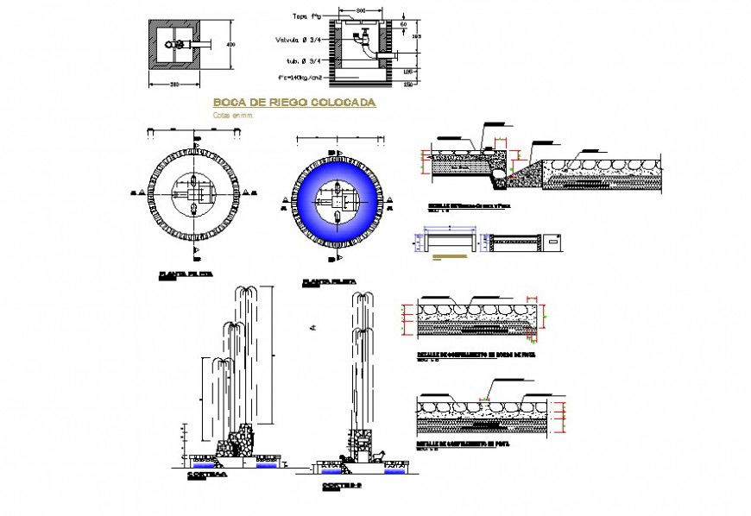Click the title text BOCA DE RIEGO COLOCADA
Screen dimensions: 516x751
[x=294, y=103]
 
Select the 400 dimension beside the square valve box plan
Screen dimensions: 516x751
[x=230, y=44]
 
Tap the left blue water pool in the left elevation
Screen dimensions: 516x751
[x=204, y=463]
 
